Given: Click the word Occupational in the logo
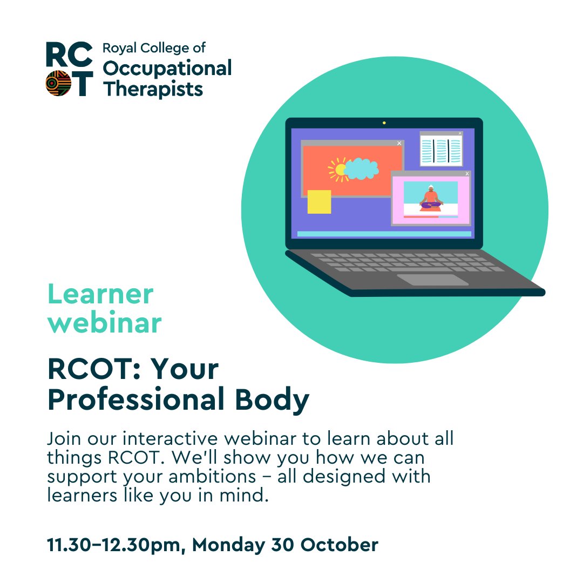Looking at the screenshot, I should click(167, 69).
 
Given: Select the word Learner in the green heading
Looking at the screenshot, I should click(100, 294).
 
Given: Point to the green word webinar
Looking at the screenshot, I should click(105, 323).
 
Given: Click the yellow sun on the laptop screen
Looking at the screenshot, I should click(340, 170).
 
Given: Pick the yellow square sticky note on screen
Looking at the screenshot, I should click(319, 201).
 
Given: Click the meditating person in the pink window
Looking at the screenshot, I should click(431, 198).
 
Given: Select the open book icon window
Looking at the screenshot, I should click(441, 150).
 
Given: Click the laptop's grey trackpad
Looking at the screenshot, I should click(432, 279).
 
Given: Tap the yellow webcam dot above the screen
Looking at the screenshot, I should click(384, 123).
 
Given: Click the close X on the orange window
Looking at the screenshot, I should click(399, 143).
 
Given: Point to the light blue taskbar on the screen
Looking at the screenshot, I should click(384, 234).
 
